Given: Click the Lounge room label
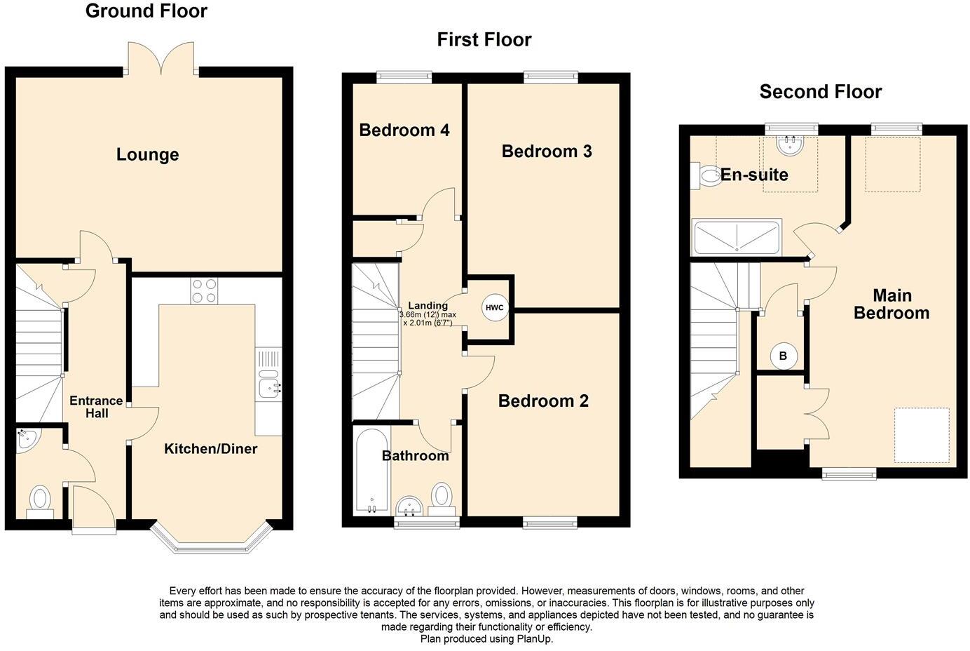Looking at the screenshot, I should tap(147, 154).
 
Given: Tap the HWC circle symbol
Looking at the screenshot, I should tap(494, 308).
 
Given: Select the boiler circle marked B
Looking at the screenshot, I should tap(783, 356).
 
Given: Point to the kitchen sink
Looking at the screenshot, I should tap(268, 387).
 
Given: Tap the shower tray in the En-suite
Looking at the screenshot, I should tap(736, 238).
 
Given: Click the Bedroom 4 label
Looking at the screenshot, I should tap(404, 130).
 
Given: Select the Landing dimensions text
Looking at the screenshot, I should tap(428, 319).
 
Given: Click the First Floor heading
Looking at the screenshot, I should tap(484, 39).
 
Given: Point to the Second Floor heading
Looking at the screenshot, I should tap(820, 91).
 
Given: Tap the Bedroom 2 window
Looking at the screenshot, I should tap(550, 521).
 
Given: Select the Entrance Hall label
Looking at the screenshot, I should tap(97, 407).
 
